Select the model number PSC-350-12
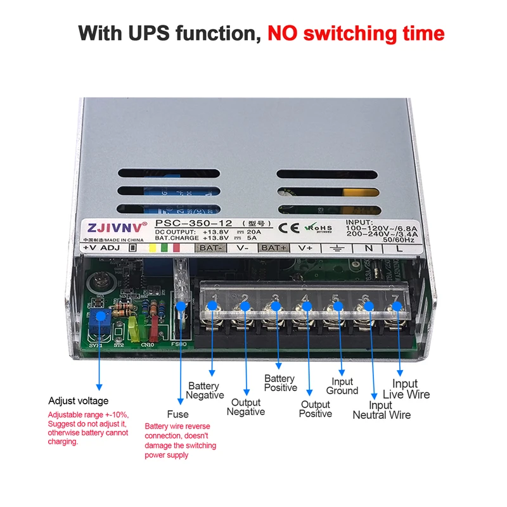click(x=194, y=224)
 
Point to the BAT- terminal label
click(x=209, y=248)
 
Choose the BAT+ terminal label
click(x=274, y=248)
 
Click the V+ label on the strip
click(x=305, y=248)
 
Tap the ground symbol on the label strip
click(x=337, y=248)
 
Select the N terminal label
click(x=368, y=248)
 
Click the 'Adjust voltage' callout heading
click(x=79, y=401)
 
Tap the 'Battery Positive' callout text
click(x=280, y=383)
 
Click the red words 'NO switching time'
click(x=356, y=33)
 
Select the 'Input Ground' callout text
click(x=342, y=386)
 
